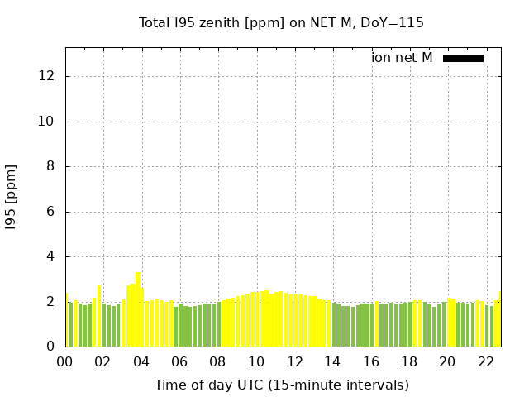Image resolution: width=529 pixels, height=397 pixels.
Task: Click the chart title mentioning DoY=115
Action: (281, 22)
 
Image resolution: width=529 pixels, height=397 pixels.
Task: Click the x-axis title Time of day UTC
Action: (281, 385)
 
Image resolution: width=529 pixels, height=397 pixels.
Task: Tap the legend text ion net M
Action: (402, 58)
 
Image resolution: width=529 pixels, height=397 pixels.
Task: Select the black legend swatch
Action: (463, 58)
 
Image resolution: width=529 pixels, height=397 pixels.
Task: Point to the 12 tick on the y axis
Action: (47, 76)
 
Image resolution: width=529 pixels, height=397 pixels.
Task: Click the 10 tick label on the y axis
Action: (47, 122)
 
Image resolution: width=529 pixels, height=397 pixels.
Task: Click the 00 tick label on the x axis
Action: (65, 361)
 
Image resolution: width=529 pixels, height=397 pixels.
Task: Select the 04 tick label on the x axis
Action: (141, 361)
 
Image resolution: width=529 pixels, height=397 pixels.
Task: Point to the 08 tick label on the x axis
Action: (218, 361)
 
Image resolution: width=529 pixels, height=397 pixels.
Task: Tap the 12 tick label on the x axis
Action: (294, 361)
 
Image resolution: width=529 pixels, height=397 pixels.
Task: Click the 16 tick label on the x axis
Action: (371, 361)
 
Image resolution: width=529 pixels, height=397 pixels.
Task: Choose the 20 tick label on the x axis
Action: (447, 361)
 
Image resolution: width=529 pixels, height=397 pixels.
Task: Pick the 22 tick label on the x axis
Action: (485, 361)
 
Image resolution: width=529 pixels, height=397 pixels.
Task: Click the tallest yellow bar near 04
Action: (137, 309)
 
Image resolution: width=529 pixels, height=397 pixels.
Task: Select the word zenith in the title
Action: (217, 22)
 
